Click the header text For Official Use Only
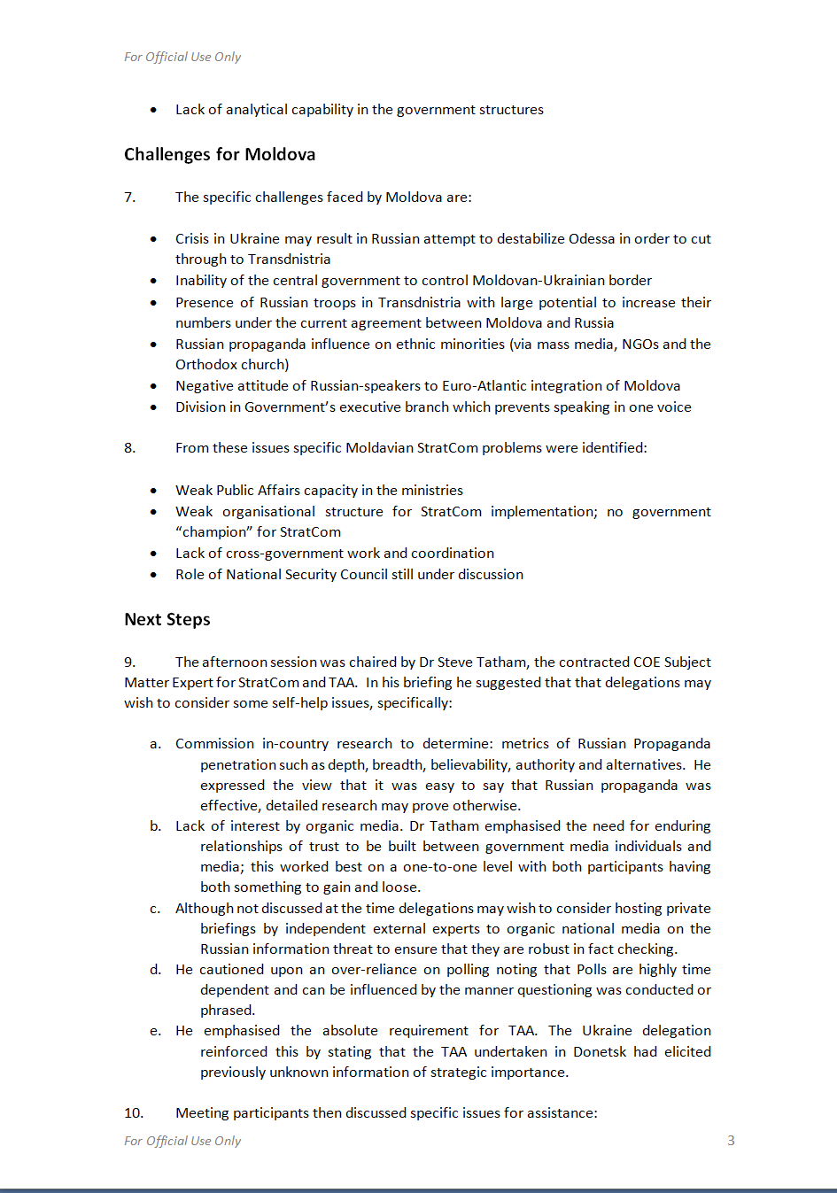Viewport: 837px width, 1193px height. tap(182, 57)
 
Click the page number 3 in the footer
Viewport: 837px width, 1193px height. tap(731, 1140)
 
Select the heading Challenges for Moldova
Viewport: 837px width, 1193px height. tap(220, 154)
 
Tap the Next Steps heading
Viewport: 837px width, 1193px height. tap(167, 619)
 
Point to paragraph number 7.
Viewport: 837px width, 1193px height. tap(129, 197)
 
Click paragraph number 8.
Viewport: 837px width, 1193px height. tap(129, 447)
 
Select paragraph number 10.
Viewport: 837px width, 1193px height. tap(133, 1112)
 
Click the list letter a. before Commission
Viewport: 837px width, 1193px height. tap(155, 743)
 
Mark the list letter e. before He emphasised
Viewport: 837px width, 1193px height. tap(155, 1030)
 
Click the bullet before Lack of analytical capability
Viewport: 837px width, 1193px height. tap(154, 110)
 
